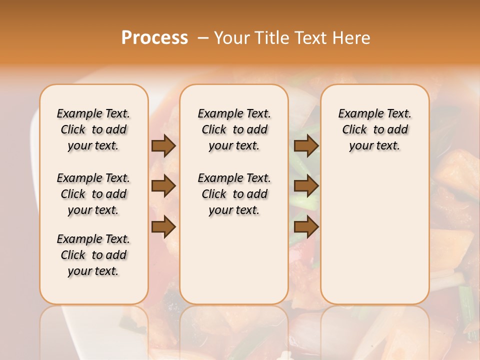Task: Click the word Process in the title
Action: (x=154, y=37)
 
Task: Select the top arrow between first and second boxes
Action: (x=163, y=145)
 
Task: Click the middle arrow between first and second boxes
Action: (x=163, y=186)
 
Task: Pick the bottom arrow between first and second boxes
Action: (x=163, y=226)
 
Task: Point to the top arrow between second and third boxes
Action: (x=306, y=145)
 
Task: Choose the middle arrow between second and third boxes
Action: (x=306, y=186)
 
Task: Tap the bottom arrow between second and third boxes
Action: (x=306, y=226)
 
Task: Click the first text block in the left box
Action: (x=93, y=129)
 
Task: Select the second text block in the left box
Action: (x=93, y=194)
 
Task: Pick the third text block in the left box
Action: (x=93, y=255)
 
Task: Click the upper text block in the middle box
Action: (x=234, y=129)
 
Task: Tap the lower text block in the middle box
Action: (x=234, y=194)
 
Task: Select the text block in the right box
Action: (x=375, y=129)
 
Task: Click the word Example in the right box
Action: (x=359, y=114)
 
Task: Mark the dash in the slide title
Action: (x=203, y=37)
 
